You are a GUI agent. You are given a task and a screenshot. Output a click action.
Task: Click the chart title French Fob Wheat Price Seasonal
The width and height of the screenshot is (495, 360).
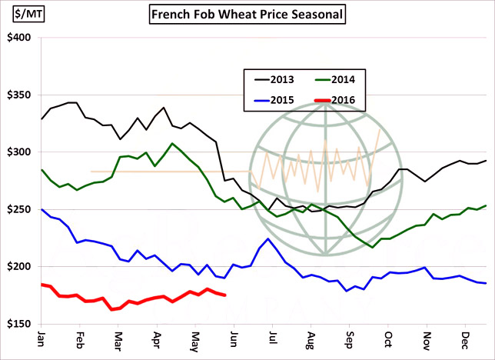247,14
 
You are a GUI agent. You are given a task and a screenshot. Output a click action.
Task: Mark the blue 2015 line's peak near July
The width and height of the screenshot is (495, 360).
267,238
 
